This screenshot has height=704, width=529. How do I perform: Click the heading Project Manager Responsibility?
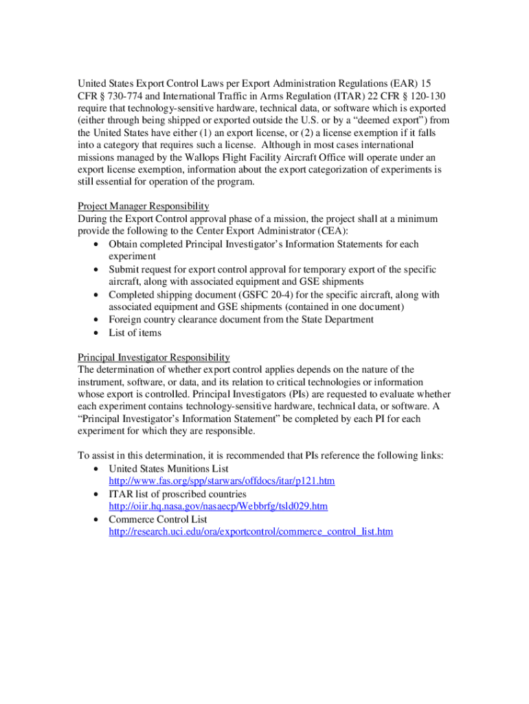click(143, 206)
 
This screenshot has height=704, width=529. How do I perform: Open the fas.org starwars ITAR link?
click(221, 481)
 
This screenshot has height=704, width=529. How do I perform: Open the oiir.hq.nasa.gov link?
click(218, 507)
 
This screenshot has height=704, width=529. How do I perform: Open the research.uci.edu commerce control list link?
click(251, 532)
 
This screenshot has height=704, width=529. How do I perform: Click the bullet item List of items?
click(135, 333)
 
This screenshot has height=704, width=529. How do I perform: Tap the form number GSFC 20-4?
click(261, 295)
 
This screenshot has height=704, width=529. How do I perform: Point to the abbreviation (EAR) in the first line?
click(399, 82)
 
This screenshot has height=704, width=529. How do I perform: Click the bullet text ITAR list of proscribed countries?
click(177, 494)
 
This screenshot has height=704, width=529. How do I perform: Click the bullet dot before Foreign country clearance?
click(93, 320)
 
